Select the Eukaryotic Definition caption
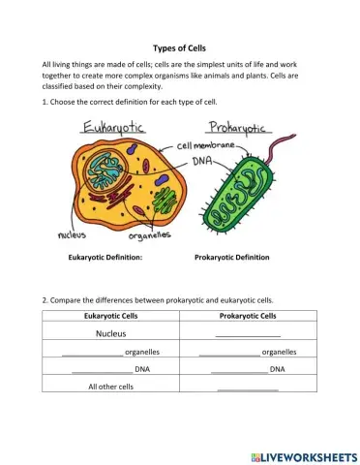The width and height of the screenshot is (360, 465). click(105, 258)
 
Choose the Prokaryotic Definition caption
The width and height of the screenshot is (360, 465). click(232, 258)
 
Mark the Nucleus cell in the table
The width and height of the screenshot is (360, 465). click(112, 333)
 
